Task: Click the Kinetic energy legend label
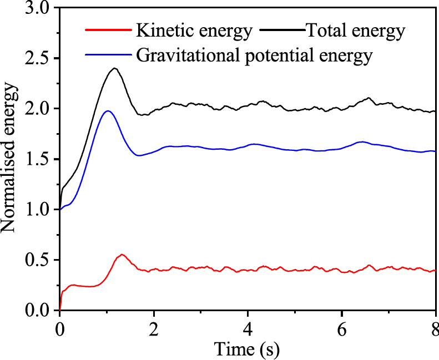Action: (x=193, y=31)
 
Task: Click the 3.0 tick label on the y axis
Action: (x=36, y=8)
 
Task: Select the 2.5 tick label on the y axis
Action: (x=36, y=59)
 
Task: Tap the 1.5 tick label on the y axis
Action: (x=36, y=160)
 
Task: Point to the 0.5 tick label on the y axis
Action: (x=36, y=260)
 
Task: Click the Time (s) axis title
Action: (x=248, y=349)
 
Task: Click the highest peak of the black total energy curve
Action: (x=115, y=68)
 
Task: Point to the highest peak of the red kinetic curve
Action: (x=122, y=255)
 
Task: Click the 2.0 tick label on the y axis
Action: (x=36, y=109)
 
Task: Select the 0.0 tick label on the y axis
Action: (x=36, y=311)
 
